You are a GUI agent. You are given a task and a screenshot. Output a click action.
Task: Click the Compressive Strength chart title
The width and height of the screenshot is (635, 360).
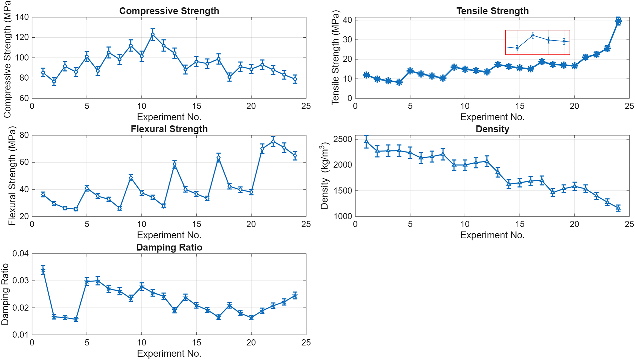tap(169, 11)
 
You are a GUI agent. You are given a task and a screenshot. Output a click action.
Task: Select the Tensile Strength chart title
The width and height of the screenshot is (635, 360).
tap(492, 11)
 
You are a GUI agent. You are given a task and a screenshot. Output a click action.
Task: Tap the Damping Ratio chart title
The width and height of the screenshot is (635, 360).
tap(169, 247)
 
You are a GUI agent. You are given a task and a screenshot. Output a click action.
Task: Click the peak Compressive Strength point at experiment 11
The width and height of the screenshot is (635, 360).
tap(152, 34)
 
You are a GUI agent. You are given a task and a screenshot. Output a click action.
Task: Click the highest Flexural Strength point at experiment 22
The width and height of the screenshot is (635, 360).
tap(273, 142)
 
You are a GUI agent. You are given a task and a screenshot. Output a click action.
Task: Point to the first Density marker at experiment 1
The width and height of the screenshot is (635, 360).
tap(366, 141)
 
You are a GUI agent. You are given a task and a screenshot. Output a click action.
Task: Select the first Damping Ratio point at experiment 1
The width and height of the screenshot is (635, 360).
tap(43, 271)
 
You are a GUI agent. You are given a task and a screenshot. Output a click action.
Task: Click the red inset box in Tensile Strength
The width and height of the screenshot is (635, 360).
tap(538, 42)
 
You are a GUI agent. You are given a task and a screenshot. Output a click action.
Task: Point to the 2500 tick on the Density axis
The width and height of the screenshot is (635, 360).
tap(343, 139)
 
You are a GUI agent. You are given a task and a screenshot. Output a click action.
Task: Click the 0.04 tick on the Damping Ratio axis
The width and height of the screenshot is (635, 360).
tap(20, 254)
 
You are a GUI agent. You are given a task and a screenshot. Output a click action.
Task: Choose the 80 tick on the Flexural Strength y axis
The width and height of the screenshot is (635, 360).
tap(24, 135)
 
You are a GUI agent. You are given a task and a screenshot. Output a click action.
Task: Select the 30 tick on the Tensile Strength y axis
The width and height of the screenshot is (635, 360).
tap(347, 40)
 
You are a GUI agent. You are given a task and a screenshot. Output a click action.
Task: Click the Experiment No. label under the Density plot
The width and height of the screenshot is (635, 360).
tap(492, 235)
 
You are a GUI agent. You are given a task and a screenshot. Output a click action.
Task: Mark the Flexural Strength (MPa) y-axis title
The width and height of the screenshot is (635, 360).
tap(12, 176)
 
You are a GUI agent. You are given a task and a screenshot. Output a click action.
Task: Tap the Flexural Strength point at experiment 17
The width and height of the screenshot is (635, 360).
tap(218, 158)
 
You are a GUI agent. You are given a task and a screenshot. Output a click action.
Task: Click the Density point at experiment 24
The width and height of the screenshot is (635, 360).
tap(618, 208)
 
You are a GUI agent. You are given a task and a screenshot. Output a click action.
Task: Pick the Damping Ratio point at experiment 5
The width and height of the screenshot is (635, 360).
tap(87, 282)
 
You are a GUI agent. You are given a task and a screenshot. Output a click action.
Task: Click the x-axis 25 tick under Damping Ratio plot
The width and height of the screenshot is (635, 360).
tap(306, 343)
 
